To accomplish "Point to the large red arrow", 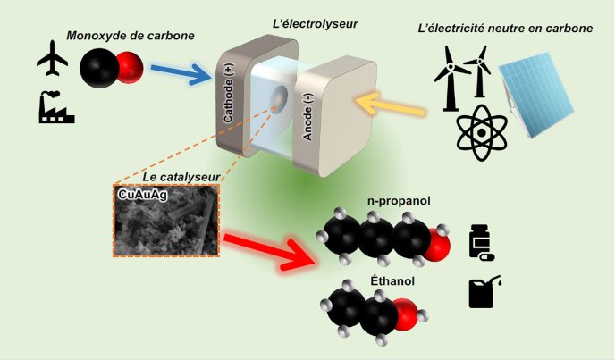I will pos(268,246).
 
